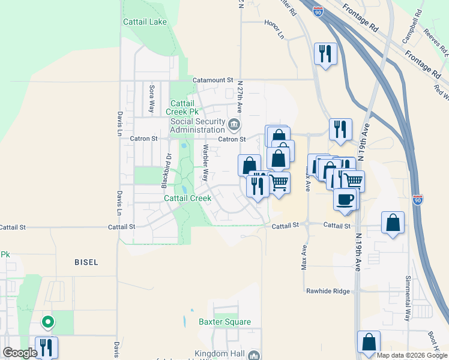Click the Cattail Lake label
click(x=145, y=22)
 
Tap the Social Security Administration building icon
click(x=234, y=125)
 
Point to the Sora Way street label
click(x=152, y=99)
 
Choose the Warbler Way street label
click(x=205, y=163)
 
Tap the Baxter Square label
click(x=224, y=322)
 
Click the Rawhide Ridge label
click(x=328, y=291)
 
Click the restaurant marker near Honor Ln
click(x=325, y=53)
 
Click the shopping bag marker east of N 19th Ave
click(x=392, y=223)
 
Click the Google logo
click(x=20, y=353)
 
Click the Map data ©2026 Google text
click(x=411, y=355)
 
